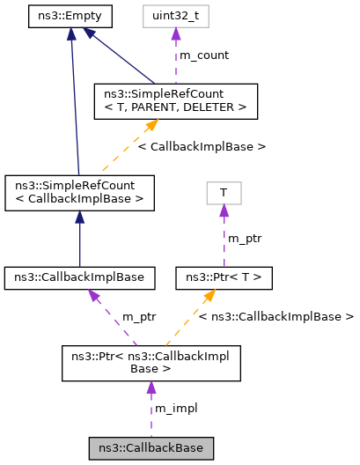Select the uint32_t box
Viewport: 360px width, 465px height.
175,15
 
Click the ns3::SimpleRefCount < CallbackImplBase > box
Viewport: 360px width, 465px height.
79,193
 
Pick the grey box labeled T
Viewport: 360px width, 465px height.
224,193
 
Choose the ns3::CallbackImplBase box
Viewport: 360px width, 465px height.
80,278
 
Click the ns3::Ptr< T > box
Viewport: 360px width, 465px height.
224,278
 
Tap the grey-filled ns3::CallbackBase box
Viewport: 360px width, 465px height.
151,448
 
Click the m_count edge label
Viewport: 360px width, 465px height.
203,55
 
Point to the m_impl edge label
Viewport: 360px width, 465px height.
175,409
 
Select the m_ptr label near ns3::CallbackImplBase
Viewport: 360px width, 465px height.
139,316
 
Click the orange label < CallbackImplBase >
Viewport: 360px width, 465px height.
202,144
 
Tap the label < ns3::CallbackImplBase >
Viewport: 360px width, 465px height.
276,316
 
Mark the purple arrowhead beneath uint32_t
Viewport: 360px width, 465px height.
175,33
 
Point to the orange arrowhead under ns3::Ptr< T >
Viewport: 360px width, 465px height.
213,297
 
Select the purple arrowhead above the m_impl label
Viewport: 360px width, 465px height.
151,388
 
